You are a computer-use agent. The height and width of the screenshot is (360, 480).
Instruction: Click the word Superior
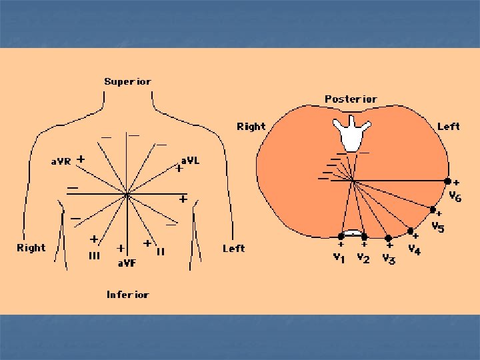coord(127,82)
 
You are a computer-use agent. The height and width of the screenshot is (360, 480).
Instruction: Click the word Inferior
coord(127,295)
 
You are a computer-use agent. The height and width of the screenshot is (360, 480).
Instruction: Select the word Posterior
coord(351,99)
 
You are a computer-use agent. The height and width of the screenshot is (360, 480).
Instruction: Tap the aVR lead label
coord(61,161)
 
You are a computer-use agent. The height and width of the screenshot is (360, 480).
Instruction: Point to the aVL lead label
coord(190,161)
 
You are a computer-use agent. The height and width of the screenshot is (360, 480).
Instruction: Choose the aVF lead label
coord(127,263)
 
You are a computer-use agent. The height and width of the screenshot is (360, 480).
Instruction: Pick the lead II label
coord(160,252)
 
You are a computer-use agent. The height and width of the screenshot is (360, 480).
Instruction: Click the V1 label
coord(339,258)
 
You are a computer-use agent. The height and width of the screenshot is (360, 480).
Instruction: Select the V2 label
coord(363,257)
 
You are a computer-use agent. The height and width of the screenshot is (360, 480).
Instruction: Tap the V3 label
coord(389,259)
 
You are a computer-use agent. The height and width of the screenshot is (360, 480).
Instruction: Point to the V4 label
coord(414,251)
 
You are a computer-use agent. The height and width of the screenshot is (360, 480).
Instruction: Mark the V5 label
coord(437,227)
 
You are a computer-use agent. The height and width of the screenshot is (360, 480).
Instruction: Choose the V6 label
coord(455,197)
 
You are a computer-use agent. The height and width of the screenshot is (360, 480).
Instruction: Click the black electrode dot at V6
coord(448,181)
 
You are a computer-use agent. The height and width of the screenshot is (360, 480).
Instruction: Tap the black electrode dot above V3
coord(388,238)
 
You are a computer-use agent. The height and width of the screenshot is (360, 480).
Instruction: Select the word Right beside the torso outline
coord(31,248)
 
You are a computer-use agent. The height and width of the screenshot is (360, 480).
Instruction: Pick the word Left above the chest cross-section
coord(448,127)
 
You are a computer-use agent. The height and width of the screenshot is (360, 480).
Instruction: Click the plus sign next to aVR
coord(81,159)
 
